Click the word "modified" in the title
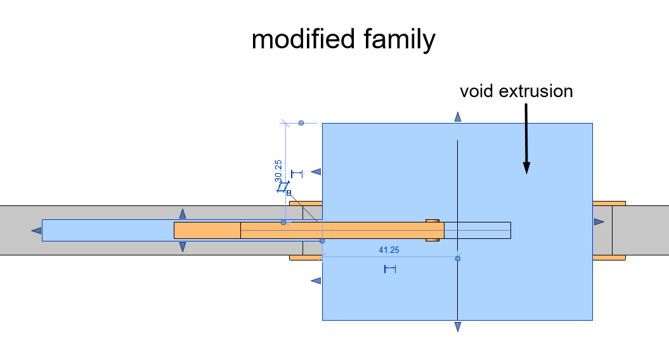(303, 39)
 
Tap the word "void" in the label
(476, 91)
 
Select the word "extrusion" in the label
(536, 91)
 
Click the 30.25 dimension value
(278, 171)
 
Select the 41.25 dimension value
(389, 250)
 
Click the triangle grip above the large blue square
(458, 117)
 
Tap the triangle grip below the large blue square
(458, 327)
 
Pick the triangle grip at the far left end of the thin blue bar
(36, 231)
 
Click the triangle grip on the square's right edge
(599, 222)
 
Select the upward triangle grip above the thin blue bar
(183, 214)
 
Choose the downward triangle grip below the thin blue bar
(183, 247)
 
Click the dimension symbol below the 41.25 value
(390, 269)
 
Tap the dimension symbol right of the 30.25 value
(297, 174)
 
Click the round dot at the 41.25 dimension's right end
(458, 259)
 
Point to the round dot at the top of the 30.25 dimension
(301, 123)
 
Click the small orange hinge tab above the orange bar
(432, 221)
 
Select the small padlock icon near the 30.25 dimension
(289, 193)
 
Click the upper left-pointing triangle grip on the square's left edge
(316, 172)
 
